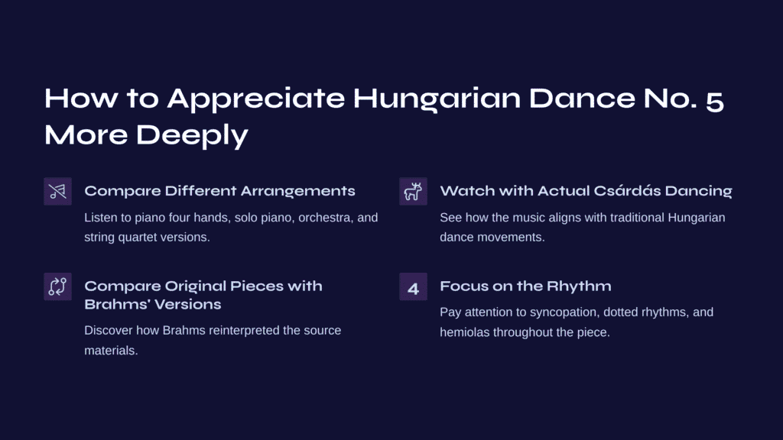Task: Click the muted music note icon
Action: (57, 191)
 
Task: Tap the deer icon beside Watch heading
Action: (413, 191)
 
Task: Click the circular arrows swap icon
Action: (57, 286)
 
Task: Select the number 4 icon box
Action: (413, 286)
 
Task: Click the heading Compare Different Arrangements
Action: (219, 191)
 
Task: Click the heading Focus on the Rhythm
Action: (525, 286)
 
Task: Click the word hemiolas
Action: (465, 332)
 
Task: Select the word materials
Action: (111, 351)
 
